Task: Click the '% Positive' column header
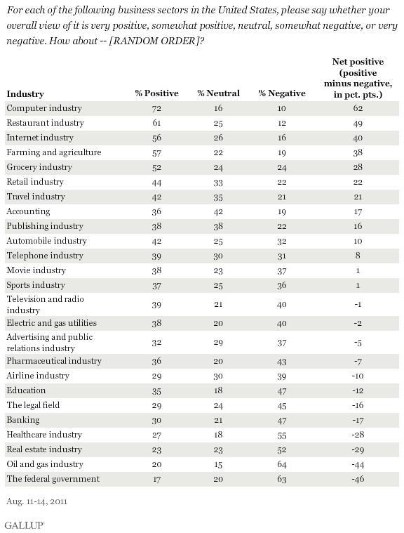156,93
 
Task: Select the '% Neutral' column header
218,93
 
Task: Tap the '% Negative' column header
282,93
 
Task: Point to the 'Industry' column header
25,94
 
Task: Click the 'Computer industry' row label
44,108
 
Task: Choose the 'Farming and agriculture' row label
54,152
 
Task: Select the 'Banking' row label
23,420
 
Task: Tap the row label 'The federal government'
53,479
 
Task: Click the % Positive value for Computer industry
156,108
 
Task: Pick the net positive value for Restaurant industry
358,124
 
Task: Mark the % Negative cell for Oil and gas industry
282,464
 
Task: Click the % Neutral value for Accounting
218,211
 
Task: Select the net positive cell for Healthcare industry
358,435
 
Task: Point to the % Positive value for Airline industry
156,376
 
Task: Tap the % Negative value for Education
282,391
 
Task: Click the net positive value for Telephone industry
358,256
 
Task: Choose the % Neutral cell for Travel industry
218,197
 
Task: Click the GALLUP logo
25,525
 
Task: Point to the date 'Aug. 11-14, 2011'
37,501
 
